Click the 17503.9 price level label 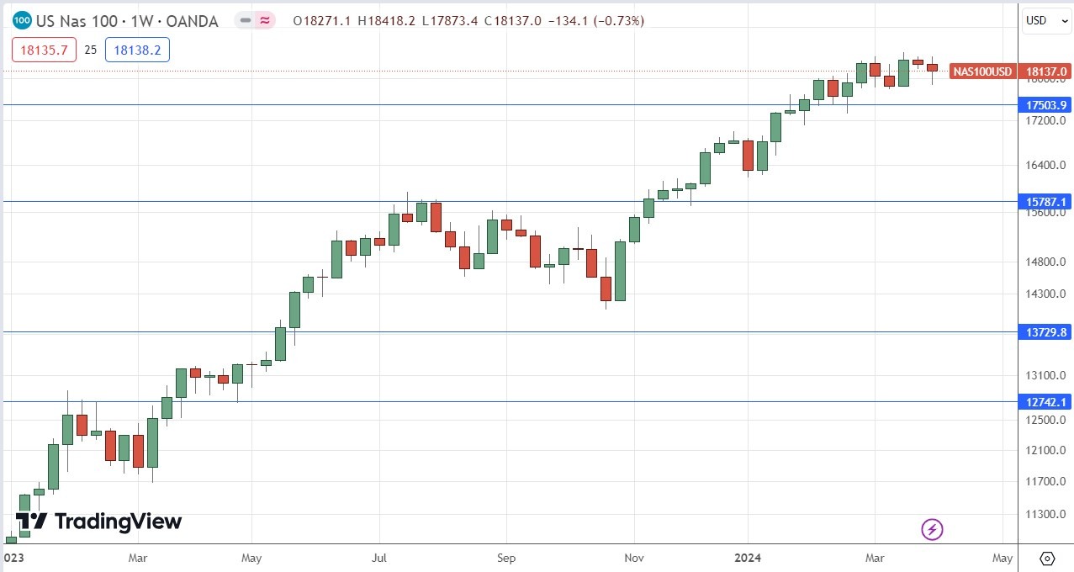pos(1045,105)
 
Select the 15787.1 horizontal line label pos(1045,202)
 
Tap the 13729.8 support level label pos(1045,332)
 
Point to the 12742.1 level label pos(1045,402)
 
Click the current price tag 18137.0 pos(1045,72)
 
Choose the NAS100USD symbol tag pos(982,72)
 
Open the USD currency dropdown pos(1045,20)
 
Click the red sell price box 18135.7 pos(44,50)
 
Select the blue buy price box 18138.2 pos(137,50)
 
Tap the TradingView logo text pos(118,522)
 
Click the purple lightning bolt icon pos(933,529)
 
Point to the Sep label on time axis pos(505,558)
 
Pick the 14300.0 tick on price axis pos(1045,294)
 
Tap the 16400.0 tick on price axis pos(1045,165)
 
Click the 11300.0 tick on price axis pos(1045,514)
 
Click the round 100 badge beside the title pos(23,20)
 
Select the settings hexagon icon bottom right pos(1047,558)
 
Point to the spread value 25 pos(90,50)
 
